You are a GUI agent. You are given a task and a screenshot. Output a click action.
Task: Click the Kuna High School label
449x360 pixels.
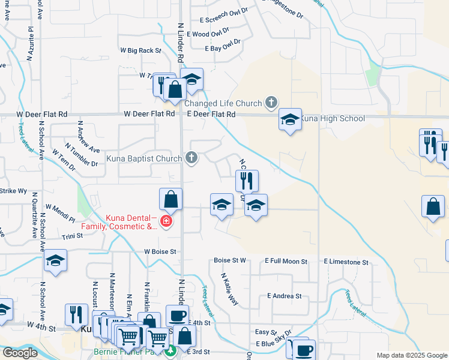333,118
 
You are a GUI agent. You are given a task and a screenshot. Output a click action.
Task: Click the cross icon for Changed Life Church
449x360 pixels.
271,102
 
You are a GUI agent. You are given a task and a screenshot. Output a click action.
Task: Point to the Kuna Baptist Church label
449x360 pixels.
144,159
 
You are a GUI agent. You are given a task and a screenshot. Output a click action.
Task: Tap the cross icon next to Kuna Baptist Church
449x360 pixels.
191,158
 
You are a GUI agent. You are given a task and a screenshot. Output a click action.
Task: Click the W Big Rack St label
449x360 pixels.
141,51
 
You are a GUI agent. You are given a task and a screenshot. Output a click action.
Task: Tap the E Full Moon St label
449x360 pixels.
286,262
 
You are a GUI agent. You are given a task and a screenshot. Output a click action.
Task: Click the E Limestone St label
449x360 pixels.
345,262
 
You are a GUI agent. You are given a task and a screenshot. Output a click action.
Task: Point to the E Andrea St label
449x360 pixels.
284,296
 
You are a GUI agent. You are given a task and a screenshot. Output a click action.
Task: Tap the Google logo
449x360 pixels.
20,353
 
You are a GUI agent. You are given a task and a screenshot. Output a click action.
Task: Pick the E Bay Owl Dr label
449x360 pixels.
222,48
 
